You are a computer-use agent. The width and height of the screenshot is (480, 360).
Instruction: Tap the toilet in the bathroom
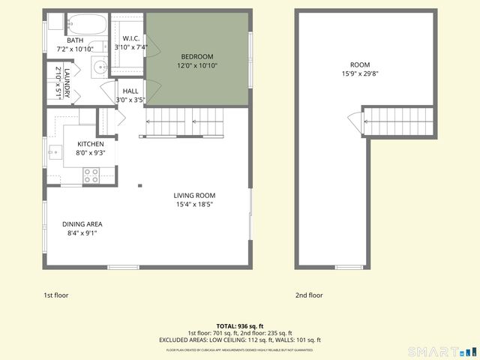(x=55, y=22)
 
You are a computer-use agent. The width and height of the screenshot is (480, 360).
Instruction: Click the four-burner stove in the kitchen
(x=91, y=175)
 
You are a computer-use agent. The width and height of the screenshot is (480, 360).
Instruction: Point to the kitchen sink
(x=55, y=154)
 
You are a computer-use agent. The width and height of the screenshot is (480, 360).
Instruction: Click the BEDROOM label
(x=197, y=56)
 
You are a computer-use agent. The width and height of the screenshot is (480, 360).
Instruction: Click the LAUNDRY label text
(x=67, y=82)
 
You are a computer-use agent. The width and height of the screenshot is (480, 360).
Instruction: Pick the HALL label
(x=130, y=91)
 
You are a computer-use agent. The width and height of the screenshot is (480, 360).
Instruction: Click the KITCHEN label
(x=90, y=144)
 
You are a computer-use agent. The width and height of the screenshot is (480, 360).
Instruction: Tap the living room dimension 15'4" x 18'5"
(x=200, y=204)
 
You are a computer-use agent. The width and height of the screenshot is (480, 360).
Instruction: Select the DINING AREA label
(x=82, y=223)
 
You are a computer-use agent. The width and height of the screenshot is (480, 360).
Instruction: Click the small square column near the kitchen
(x=139, y=185)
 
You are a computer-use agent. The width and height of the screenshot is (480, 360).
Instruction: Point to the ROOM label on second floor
(x=360, y=64)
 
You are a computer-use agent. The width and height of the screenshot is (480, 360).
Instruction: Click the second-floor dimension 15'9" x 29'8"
(x=360, y=73)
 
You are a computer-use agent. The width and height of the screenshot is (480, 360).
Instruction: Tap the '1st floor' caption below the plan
(x=55, y=295)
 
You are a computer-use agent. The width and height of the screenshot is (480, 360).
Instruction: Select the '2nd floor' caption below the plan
(x=309, y=295)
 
